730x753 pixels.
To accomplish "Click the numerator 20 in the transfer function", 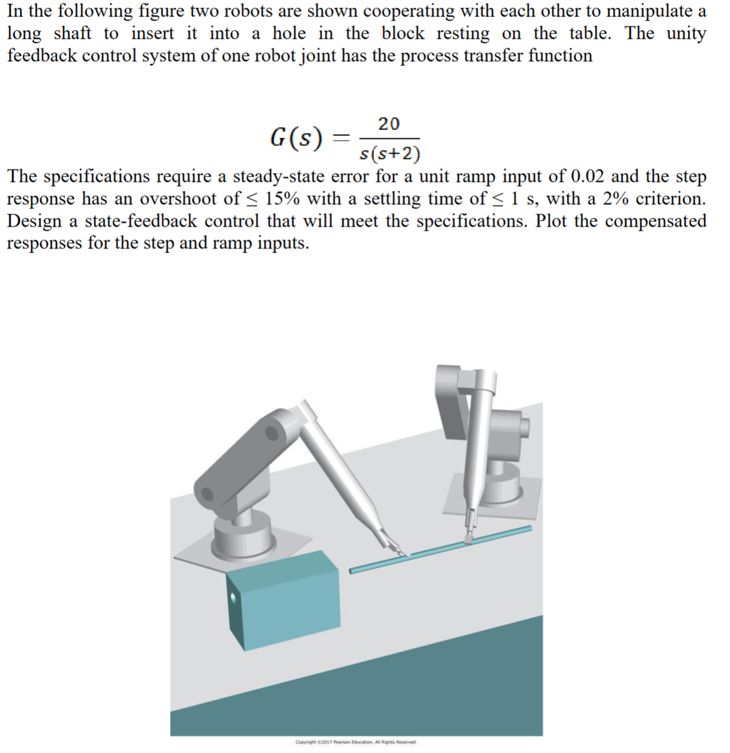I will [x=389, y=124].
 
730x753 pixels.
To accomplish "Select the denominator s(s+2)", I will [x=389, y=154].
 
